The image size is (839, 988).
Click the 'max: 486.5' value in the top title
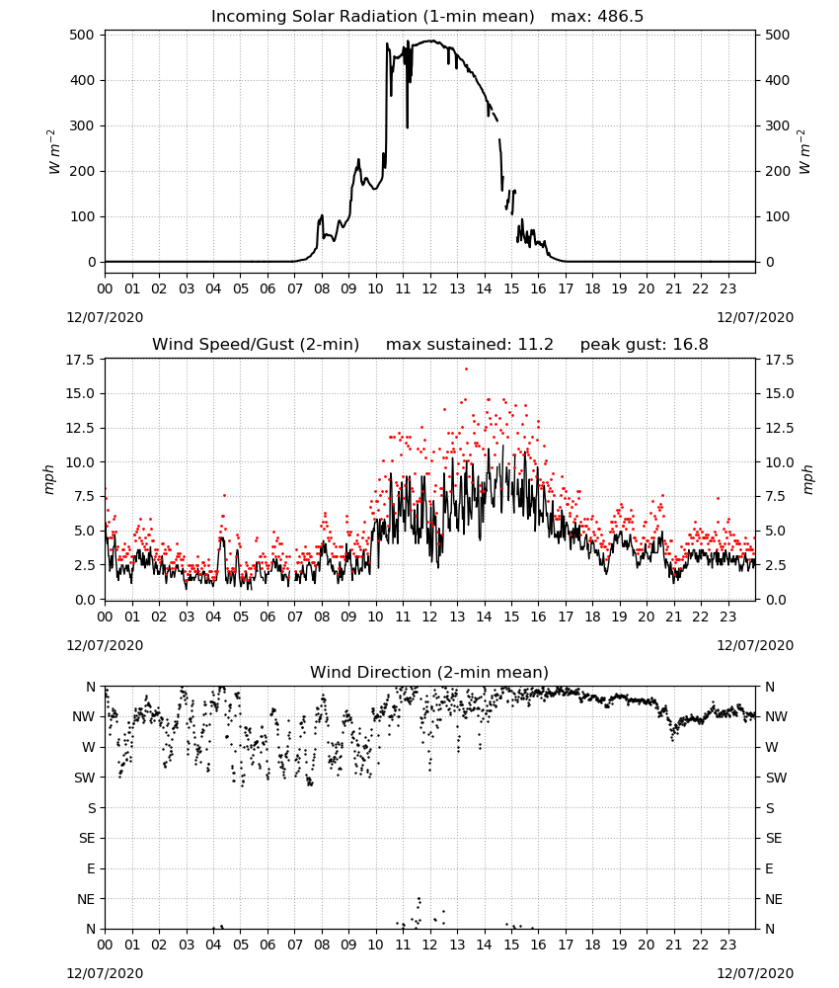tap(597, 16)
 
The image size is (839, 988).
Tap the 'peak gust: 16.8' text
tap(644, 345)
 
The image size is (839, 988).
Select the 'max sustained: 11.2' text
tap(470, 345)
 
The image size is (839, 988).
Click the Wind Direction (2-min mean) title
tap(429, 672)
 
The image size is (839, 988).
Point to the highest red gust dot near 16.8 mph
tap(467, 370)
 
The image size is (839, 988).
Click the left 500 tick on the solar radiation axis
tap(82, 35)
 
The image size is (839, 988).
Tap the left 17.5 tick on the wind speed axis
tap(79, 360)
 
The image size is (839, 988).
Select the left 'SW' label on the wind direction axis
tap(85, 778)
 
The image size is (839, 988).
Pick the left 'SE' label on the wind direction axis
tap(87, 838)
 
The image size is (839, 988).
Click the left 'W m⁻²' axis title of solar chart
tap(54, 152)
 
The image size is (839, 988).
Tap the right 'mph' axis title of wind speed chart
tap(807, 479)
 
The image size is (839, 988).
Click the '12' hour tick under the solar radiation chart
tap(429, 289)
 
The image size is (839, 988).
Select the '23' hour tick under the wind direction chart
tap(727, 945)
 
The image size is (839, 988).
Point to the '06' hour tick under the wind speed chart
tap(267, 617)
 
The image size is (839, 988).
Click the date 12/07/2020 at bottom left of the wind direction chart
tap(105, 973)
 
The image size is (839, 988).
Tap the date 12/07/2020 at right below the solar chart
tap(755, 317)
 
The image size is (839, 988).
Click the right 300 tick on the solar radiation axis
tap(778, 125)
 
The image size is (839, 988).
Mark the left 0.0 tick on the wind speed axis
tap(84, 600)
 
